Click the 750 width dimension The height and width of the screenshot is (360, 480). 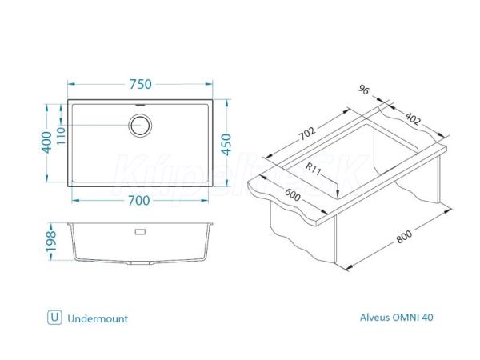click(141, 84)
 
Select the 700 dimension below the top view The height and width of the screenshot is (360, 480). click(138, 201)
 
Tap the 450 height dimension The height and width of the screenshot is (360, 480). click(226, 144)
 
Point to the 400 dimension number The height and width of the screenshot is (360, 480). click(47, 142)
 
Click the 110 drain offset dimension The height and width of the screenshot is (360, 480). click(61, 136)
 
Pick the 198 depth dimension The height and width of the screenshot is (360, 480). click(51, 241)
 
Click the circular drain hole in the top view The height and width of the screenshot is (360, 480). click(140, 126)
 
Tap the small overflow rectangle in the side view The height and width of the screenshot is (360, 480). click(140, 232)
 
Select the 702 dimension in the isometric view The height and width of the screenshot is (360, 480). click(306, 134)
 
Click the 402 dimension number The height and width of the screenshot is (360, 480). click(413, 118)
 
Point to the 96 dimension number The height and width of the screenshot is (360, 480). click(364, 90)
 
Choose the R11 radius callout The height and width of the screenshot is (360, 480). click(314, 169)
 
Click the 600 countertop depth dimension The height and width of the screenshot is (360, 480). click(292, 195)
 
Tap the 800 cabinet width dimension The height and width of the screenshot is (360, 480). click(404, 236)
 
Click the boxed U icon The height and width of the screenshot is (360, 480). click(54, 317)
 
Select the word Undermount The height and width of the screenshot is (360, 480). click(98, 318)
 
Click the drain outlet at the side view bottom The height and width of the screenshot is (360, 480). click(140, 263)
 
